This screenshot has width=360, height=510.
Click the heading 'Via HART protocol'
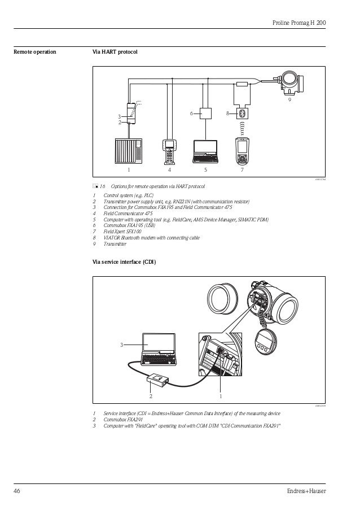[x=115, y=53]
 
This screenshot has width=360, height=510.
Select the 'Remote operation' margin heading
[x=34, y=53]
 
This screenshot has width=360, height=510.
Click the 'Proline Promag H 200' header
[x=301, y=22]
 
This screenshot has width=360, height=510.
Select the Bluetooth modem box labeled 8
[x=244, y=113]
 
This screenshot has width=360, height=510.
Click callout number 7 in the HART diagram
[x=242, y=169]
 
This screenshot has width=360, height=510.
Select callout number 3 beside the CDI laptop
[x=120, y=344]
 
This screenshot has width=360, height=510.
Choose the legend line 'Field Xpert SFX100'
[x=122, y=232]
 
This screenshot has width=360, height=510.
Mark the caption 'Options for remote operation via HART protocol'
[x=158, y=186]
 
